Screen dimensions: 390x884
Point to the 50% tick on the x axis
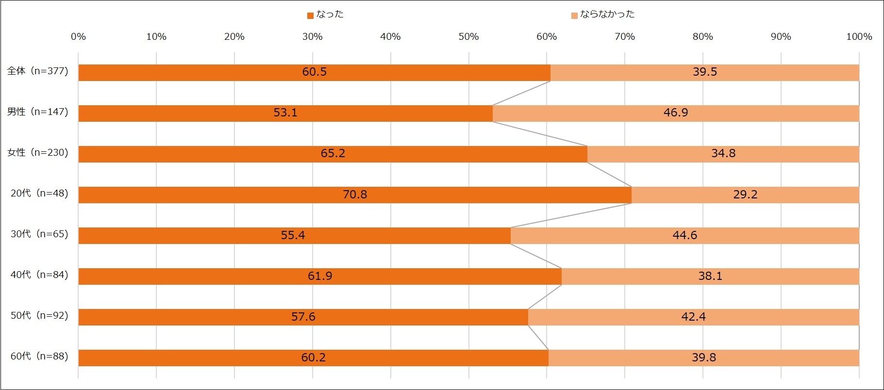tap(468, 37)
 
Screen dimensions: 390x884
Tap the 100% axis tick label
tap(859, 37)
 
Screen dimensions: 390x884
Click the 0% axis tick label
tap(78, 37)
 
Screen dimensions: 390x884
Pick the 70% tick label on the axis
tap(624, 37)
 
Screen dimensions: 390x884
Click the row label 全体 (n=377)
tap(38, 71)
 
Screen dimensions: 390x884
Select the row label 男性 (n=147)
tap(38, 112)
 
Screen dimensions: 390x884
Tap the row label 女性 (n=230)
tap(38, 153)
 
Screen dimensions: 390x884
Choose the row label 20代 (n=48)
tap(39, 194)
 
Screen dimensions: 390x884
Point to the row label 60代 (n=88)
tap(39, 357)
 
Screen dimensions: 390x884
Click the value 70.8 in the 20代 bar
tap(355, 195)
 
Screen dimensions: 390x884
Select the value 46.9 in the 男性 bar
tap(676, 113)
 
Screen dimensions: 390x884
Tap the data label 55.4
tap(293, 235)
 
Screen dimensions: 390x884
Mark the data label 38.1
tap(710, 276)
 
